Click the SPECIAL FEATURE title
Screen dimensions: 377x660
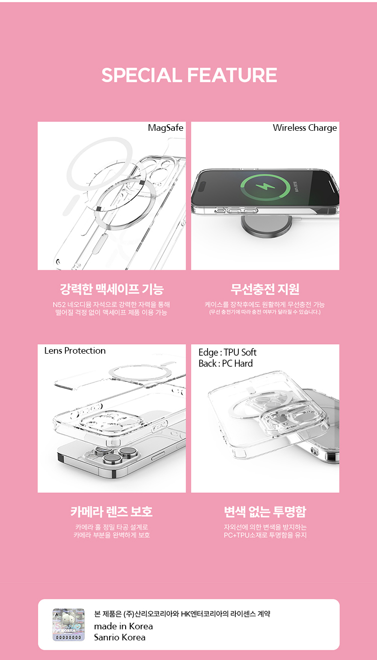[189, 75]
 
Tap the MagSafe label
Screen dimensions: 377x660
[165, 128]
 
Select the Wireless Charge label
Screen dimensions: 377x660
[305, 128]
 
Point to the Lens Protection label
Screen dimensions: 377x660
[75, 351]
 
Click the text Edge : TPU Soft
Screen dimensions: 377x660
[227, 353]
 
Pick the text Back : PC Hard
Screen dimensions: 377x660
[226, 364]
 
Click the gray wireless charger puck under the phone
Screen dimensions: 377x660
[266, 226]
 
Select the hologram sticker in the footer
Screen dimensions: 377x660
[69, 625]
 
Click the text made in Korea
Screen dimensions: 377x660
[124, 626]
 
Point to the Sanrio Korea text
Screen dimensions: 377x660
[120, 637]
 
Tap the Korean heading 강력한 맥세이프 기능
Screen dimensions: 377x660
[112, 289]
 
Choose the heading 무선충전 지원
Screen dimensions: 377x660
[265, 289]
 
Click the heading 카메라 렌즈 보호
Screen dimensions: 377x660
[112, 512]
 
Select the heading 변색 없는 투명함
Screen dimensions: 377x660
[265, 512]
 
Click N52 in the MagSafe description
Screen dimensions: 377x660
[59, 305]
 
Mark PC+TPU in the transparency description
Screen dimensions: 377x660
[237, 535]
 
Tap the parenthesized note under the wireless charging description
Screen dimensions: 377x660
[265, 312]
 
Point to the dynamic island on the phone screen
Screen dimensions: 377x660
[203, 187]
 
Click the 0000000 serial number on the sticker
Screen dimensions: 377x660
[69, 637]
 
